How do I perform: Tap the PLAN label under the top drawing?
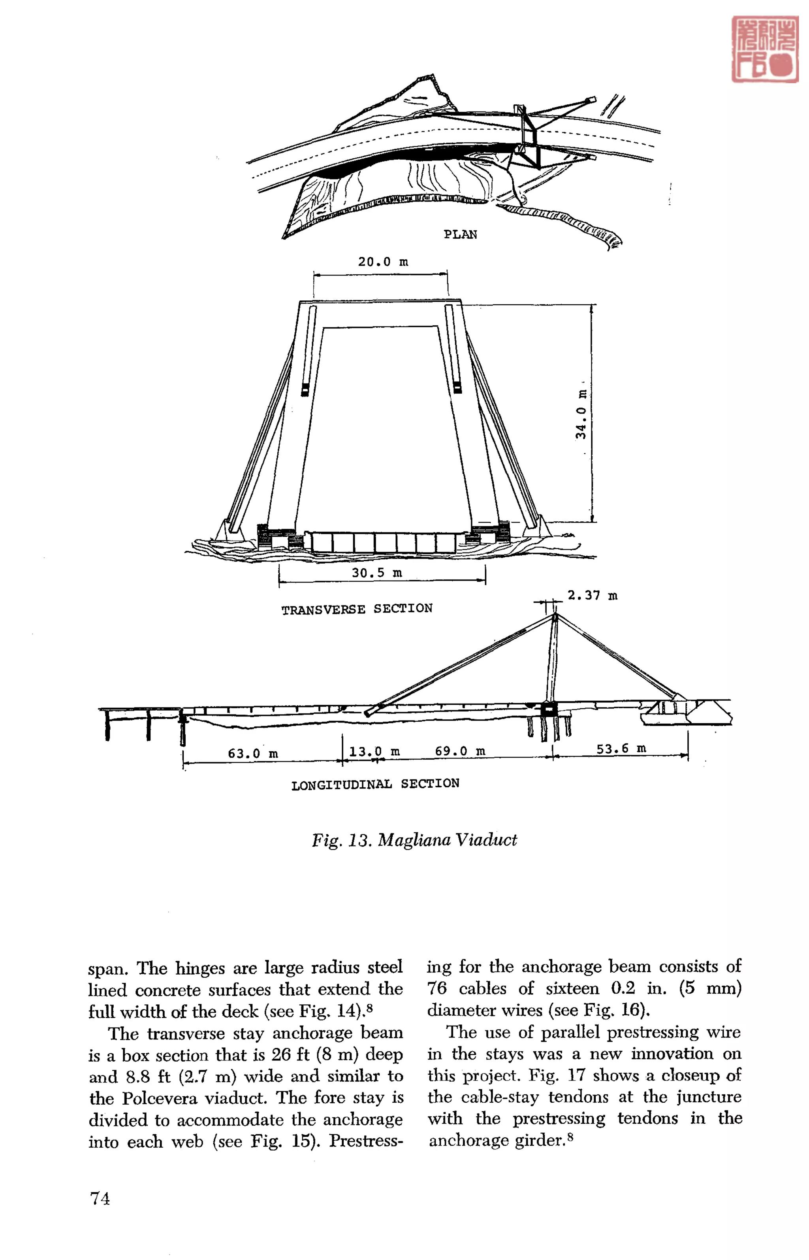[460, 234]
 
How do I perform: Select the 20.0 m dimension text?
[383, 262]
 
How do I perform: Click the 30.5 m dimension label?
[377, 573]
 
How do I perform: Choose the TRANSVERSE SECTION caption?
[357, 609]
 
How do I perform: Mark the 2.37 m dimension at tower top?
[592, 595]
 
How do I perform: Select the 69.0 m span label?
[460, 751]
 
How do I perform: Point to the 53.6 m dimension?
[621, 748]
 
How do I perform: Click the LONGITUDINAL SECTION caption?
[375, 784]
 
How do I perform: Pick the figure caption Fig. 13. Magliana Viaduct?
[414, 839]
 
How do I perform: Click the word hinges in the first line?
[199, 968]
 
